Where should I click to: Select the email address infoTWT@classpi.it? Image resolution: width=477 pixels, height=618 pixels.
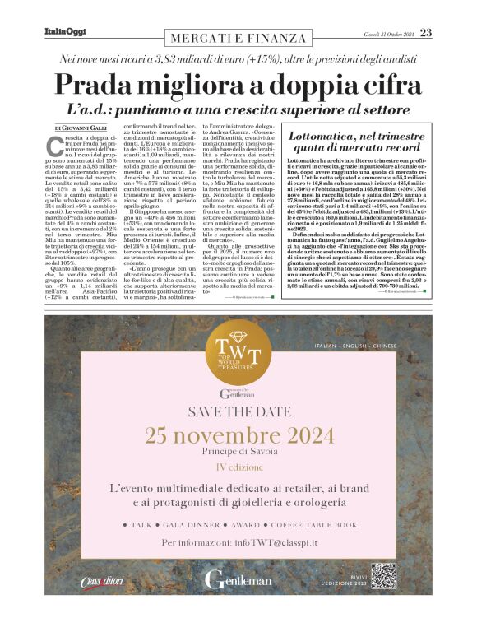click(x=271, y=542)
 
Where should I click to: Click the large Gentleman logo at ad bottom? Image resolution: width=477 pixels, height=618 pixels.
click(x=237, y=579)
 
